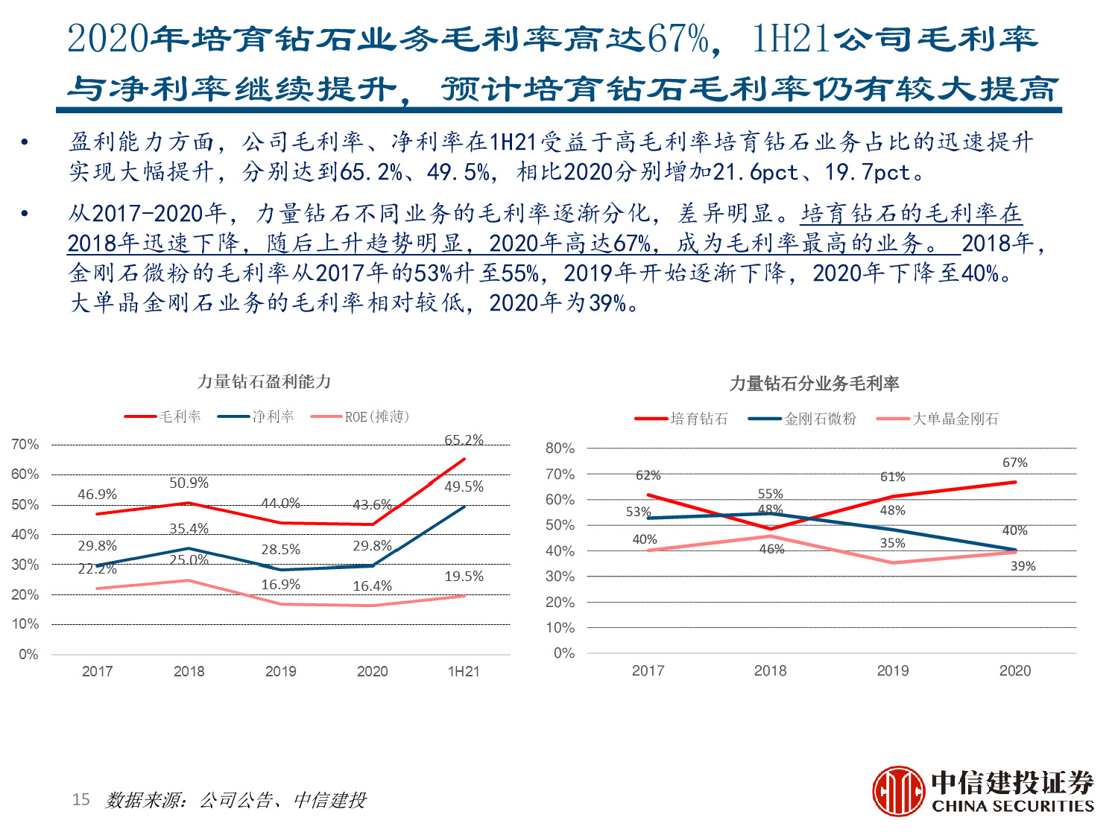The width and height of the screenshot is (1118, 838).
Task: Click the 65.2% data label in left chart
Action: click(x=464, y=440)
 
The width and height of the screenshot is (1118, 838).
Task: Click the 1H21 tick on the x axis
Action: click(x=464, y=671)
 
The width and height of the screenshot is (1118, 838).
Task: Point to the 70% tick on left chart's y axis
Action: click(x=25, y=445)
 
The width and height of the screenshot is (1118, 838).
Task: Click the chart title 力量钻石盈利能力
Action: click(x=264, y=381)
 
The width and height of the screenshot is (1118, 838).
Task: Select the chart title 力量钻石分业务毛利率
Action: click(x=814, y=384)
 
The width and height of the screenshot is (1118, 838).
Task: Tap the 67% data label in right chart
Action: click(x=1014, y=463)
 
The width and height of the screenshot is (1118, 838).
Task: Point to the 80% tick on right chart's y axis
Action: click(x=560, y=448)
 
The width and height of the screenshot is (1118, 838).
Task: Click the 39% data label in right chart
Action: click(x=1023, y=566)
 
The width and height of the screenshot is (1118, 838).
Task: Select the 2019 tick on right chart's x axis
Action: click(x=892, y=670)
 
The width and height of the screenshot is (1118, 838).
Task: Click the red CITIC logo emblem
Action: click(x=899, y=791)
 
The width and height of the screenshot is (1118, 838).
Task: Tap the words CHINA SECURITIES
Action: click(x=1012, y=806)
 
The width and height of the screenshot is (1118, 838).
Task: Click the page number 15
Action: click(x=80, y=800)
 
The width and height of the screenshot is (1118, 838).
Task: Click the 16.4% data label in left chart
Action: click(x=372, y=586)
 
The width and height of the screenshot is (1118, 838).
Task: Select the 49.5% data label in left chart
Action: click(x=464, y=486)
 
